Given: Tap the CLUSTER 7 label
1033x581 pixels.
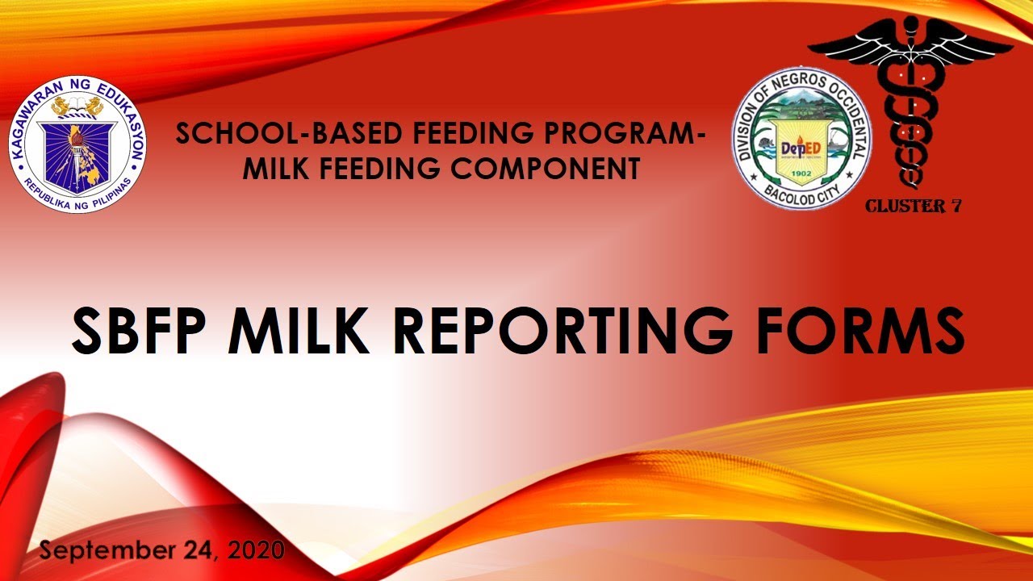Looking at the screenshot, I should (913, 206).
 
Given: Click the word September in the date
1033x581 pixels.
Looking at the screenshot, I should (107, 551).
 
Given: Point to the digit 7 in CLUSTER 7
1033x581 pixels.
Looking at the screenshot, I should (955, 206).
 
